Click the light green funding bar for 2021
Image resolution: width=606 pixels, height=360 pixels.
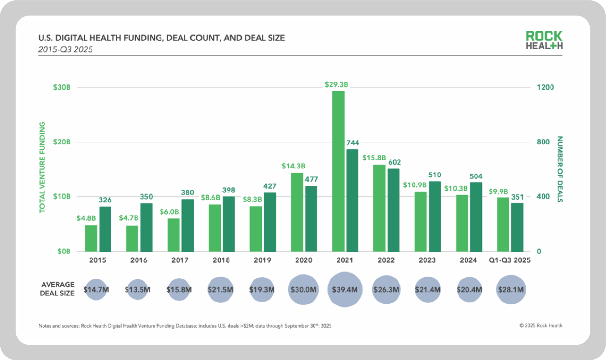[x=338, y=171]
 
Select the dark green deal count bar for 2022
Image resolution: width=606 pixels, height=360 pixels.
[x=393, y=210]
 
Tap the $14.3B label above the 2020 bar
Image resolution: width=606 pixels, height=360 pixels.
[x=293, y=166]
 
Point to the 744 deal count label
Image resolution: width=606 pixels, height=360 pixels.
[x=353, y=142]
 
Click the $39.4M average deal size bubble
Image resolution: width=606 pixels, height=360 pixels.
[x=345, y=290]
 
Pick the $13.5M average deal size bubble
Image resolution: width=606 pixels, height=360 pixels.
[x=138, y=290]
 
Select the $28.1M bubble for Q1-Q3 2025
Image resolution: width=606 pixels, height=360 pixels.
[x=511, y=290]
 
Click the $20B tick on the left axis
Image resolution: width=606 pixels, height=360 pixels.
[x=62, y=142]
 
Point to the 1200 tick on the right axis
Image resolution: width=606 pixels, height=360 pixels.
[x=545, y=87]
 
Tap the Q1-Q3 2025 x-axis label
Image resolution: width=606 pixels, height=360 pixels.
[x=509, y=260]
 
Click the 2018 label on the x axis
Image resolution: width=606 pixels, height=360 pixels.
[x=221, y=260]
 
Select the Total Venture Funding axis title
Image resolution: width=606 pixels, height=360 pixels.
[x=42, y=167]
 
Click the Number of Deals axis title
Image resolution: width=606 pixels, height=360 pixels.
[x=560, y=169]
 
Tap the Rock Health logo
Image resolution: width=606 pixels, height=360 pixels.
[x=544, y=40]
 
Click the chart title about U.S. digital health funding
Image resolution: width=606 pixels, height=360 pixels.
[x=161, y=38]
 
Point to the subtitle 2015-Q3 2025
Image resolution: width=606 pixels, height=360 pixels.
[x=65, y=49]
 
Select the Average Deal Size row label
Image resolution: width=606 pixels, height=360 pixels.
[x=57, y=289]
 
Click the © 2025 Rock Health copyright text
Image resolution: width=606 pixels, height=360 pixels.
[x=541, y=325]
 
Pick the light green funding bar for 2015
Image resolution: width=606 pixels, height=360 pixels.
[x=91, y=238]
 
